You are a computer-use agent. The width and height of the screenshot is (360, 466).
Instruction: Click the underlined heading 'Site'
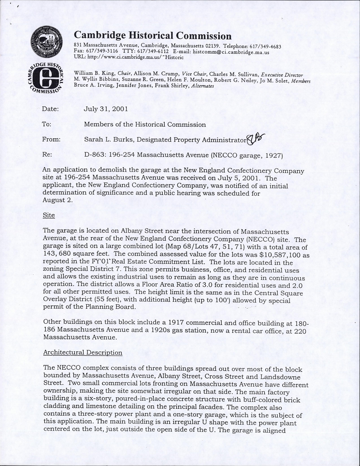click(49, 215)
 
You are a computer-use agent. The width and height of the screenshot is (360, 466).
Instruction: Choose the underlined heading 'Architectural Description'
click(83, 353)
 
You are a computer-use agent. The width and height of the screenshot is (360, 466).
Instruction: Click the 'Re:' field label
click(47, 154)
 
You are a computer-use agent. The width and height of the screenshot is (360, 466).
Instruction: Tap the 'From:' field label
click(51, 139)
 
